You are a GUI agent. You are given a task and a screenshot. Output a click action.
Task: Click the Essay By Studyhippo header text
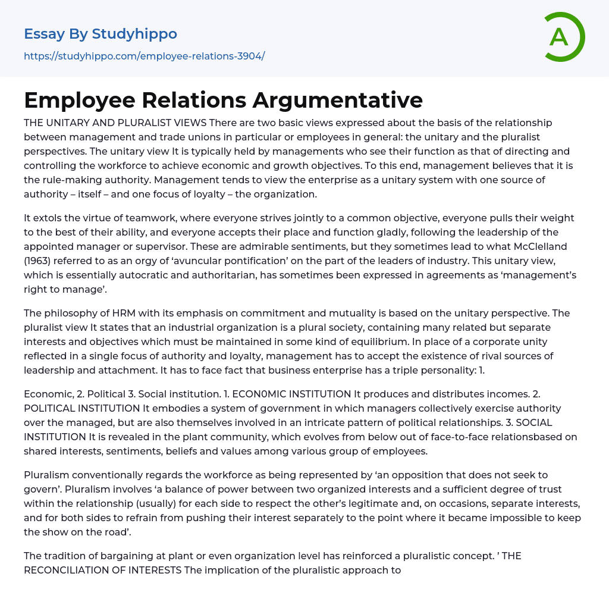pyautogui.click(x=101, y=34)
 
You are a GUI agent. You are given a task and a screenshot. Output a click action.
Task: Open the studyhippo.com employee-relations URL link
pyautogui.click(x=144, y=56)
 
